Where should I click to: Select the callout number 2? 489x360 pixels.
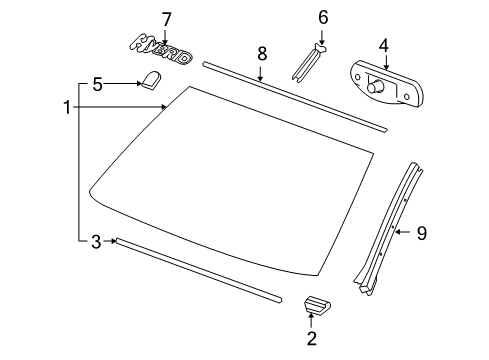tap(311, 340)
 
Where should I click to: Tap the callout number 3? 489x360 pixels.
tap(95, 240)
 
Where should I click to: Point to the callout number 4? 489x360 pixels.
tap(384, 45)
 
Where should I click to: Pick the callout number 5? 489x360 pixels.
tap(97, 86)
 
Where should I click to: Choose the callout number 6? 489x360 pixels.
tap(323, 17)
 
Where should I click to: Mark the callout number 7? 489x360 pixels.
tap(167, 18)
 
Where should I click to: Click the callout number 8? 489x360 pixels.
tap(261, 53)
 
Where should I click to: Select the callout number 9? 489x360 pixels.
tap(421, 233)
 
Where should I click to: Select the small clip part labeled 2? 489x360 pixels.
tap(316, 304)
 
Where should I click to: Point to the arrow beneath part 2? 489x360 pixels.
tap(311, 321)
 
